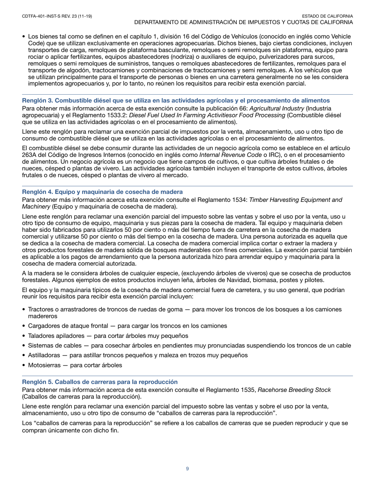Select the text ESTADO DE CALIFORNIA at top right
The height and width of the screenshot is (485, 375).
pos(330,16)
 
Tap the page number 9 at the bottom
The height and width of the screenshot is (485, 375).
pos(187,468)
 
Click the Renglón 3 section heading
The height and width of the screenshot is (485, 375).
pos(176,101)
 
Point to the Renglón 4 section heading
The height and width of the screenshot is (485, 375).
pos(102,192)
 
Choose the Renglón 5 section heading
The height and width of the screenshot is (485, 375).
pos(100,382)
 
